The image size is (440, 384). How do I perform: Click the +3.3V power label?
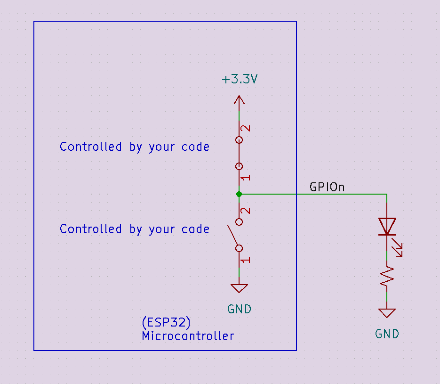coord(240,79)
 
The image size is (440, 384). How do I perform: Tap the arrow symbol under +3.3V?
coord(239,100)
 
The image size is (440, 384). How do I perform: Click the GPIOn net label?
coord(327,187)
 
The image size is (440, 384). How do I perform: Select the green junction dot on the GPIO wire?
coord(239,194)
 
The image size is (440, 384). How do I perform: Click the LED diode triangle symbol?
coord(387,226)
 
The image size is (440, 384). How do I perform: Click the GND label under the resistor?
coord(387,334)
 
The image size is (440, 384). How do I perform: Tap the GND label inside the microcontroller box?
coord(239,309)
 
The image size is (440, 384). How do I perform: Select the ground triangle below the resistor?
coord(387,313)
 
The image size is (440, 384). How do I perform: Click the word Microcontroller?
coord(188,336)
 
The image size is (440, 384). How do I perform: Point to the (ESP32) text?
coord(166,322)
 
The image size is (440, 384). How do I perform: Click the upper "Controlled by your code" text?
coord(135,147)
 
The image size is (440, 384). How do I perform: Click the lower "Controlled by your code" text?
coord(135,229)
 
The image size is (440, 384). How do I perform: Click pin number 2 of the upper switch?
coord(246,129)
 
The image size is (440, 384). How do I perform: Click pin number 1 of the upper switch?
coord(246,178)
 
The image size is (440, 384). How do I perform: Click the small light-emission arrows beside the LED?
coord(398,248)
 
